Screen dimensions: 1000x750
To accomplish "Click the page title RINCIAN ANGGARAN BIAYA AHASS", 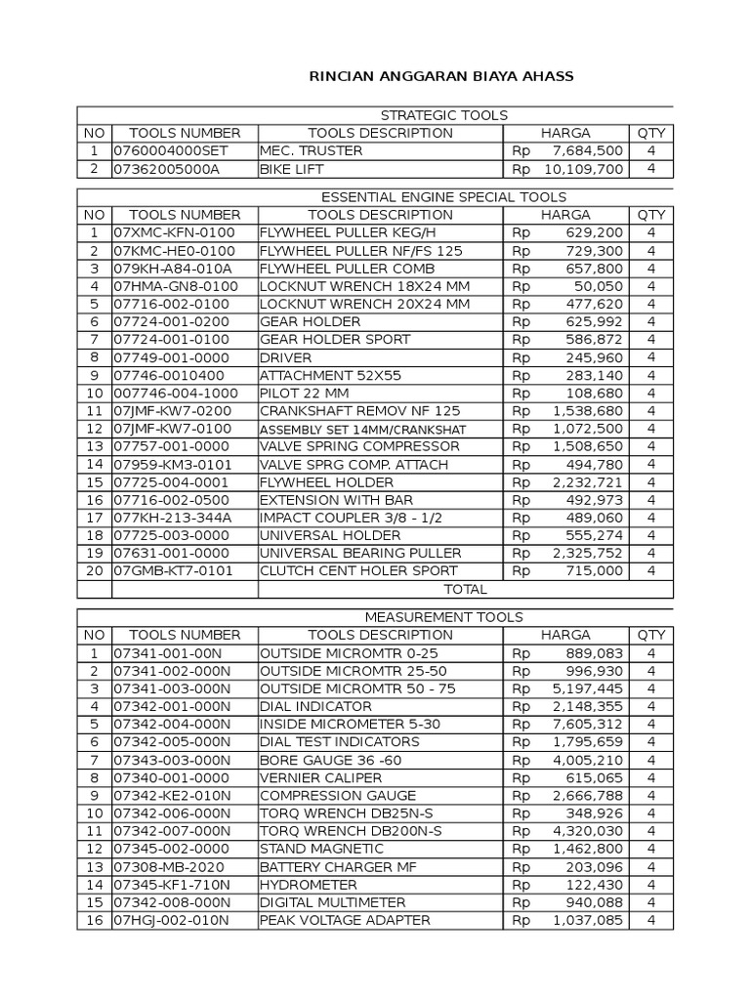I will (x=440, y=76).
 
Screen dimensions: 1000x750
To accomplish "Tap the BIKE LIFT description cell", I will (x=292, y=169).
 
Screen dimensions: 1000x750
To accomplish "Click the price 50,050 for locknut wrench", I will (x=600, y=286).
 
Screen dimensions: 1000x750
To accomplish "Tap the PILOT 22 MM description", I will (x=305, y=394).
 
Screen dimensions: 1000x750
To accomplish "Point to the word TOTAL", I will (x=465, y=590).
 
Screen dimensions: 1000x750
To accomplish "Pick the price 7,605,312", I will (x=587, y=724).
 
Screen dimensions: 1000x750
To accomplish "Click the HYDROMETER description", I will (x=305, y=884).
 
